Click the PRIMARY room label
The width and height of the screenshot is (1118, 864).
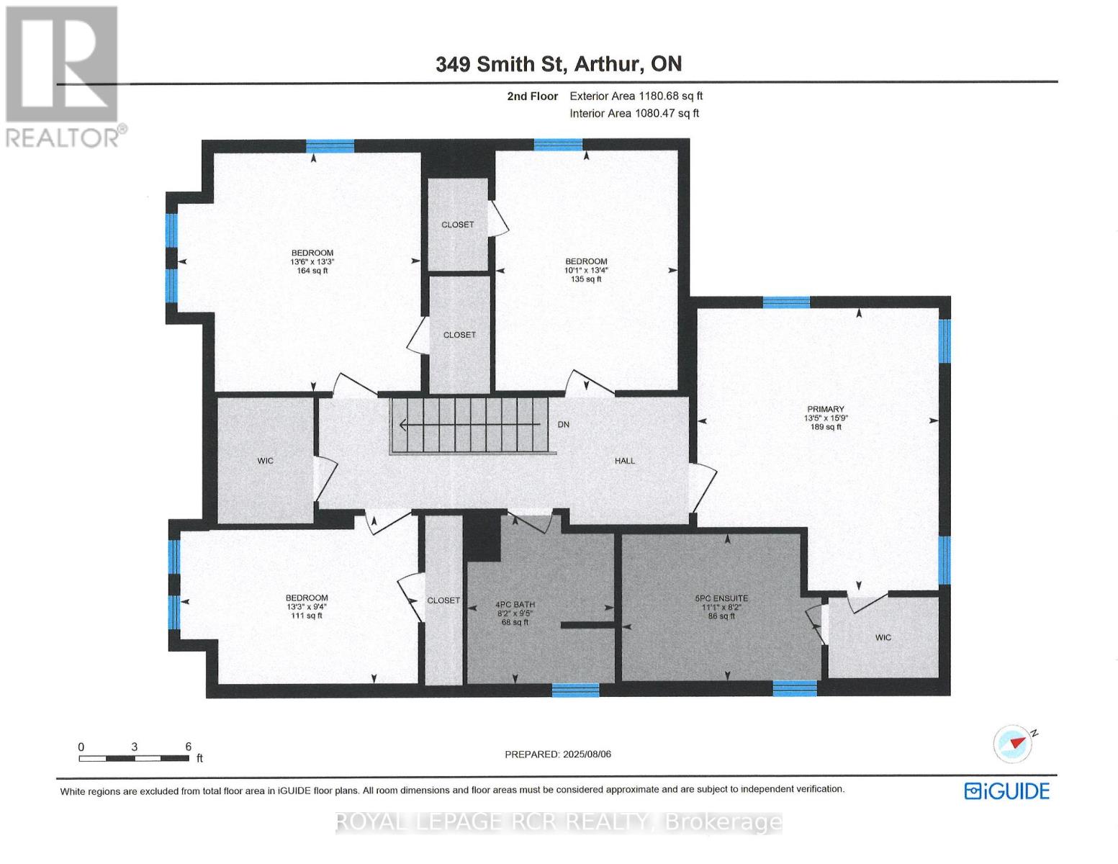(825, 409)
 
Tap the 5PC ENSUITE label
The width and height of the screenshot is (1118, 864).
(721, 598)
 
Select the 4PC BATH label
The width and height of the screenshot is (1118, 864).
(515, 605)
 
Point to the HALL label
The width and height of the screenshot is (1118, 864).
(625, 461)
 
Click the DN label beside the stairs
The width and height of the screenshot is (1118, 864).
(564, 425)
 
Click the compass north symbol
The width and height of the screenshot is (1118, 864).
(1014, 743)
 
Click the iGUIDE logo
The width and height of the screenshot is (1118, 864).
(1007, 791)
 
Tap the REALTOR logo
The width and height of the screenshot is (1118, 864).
(63, 76)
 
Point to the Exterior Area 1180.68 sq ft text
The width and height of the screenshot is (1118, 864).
(636, 96)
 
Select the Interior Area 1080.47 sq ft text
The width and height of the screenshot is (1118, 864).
(634, 113)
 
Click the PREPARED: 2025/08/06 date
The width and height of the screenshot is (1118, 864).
(558, 754)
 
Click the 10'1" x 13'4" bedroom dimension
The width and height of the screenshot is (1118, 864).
(586, 271)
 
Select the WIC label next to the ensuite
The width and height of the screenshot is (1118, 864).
(883, 637)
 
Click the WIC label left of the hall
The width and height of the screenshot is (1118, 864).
(266, 461)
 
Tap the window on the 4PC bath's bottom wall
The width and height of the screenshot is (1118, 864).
(575, 690)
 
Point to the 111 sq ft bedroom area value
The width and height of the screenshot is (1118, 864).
(307, 616)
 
